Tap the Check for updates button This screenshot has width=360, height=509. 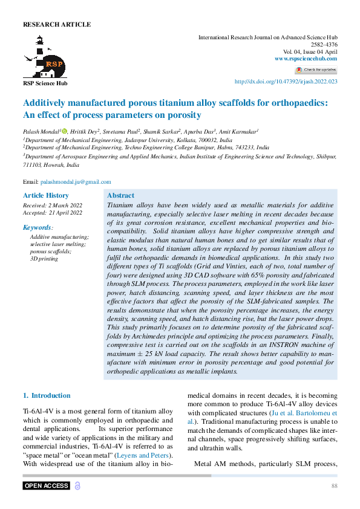(316, 70)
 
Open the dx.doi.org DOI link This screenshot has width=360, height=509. (286, 82)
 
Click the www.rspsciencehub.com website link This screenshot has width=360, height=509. (306, 59)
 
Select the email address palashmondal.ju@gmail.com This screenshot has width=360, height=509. (76, 181)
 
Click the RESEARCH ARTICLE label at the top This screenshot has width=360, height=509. (57, 25)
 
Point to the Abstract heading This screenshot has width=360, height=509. (120, 196)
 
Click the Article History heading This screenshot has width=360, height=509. (46, 196)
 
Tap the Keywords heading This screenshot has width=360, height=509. (38, 227)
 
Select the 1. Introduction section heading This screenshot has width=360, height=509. (47, 395)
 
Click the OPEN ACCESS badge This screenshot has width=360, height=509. (47, 486)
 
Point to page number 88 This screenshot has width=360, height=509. (334, 486)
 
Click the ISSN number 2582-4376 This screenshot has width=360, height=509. (324, 45)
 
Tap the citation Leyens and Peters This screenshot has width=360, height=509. (146, 455)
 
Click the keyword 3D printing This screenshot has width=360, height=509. (44, 258)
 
